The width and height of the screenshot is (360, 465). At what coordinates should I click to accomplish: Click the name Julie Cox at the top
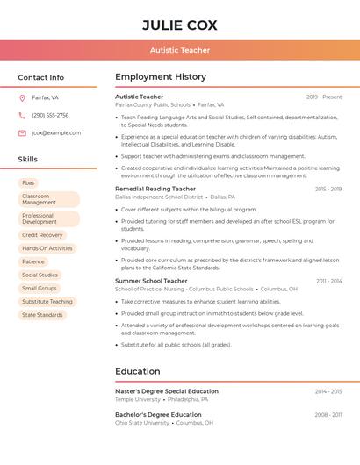click(x=179, y=25)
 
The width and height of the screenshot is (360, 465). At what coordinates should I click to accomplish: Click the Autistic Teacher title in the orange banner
click(x=179, y=50)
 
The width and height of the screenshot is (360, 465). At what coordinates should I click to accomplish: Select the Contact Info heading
click(x=40, y=77)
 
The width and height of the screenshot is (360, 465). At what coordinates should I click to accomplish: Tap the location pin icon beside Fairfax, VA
click(x=22, y=97)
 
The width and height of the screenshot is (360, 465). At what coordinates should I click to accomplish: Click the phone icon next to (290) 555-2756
click(x=22, y=115)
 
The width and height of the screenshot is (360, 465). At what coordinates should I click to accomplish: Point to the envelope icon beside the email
click(x=22, y=132)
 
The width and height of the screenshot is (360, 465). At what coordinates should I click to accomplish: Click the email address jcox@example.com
click(x=56, y=132)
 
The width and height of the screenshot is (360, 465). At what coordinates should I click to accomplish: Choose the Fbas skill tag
click(x=28, y=182)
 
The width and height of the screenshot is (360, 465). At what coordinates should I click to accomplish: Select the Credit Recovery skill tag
click(x=42, y=235)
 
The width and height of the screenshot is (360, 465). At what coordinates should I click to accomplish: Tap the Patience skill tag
click(x=33, y=261)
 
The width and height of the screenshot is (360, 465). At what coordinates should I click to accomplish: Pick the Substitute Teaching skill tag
click(x=47, y=301)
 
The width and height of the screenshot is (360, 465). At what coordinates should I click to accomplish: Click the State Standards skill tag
click(x=42, y=314)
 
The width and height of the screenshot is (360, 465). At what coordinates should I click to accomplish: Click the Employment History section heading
click(x=161, y=77)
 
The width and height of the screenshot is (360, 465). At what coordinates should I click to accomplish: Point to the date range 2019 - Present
click(x=324, y=97)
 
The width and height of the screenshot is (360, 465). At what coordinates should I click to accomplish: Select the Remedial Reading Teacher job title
click(x=155, y=189)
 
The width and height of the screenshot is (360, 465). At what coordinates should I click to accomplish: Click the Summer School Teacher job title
click(x=152, y=281)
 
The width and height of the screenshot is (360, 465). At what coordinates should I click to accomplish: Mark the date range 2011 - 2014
click(x=329, y=281)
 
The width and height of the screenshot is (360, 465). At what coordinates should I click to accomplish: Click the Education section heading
click(x=137, y=371)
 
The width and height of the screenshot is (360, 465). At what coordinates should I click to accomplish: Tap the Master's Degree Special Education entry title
click(x=167, y=391)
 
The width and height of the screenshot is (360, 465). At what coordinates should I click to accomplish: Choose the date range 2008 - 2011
click(x=328, y=414)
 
